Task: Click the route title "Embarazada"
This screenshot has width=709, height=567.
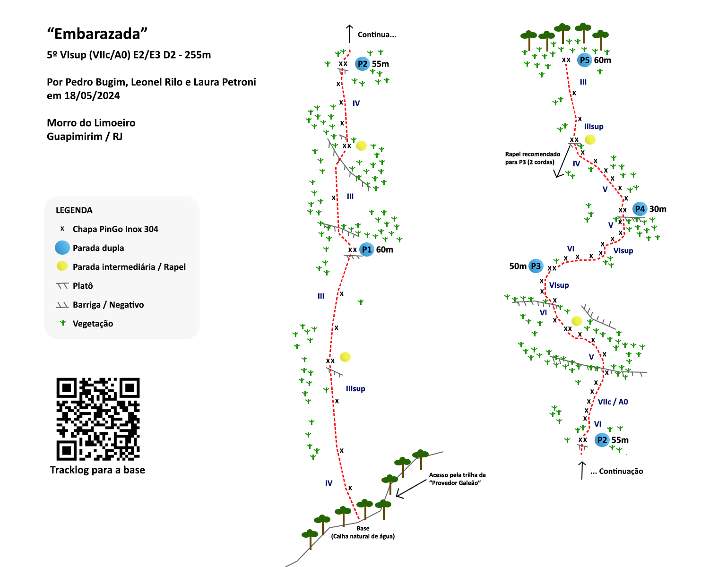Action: [x=97, y=34]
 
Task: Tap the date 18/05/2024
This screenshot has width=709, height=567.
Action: [x=92, y=95]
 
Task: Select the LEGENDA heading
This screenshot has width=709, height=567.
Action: [x=74, y=210]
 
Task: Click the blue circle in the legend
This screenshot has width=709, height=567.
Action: [x=62, y=248]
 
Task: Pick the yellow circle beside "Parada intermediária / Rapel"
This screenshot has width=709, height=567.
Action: [x=62, y=266]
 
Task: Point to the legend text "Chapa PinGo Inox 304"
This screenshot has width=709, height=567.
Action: [x=115, y=229]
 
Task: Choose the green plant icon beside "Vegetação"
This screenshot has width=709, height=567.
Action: [x=62, y=323]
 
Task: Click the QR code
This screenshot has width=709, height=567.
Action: [x=98, y=419]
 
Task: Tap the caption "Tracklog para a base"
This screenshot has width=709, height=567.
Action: [x=97, y=470]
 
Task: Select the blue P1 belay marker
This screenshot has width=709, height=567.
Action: [x=366, y=249]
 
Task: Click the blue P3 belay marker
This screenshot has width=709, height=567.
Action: [x=536, y=266]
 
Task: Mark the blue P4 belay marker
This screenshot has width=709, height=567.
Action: [x=640, y=209]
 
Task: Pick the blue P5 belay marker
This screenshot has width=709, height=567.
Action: [x=585, y=60]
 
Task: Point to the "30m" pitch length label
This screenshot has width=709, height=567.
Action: [x=658, y=209]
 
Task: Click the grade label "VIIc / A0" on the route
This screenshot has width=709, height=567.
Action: [x=613, y=402]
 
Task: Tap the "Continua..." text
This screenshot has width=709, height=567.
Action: [x=377, y=34]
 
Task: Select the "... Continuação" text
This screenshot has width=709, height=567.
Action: [x=616, y=471]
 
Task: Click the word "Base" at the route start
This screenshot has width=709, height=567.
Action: [x=363, y=528]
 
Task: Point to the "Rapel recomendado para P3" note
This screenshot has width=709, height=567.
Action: [x=532, y=158]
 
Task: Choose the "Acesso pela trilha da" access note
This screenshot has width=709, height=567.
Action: [x=457, y=475]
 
